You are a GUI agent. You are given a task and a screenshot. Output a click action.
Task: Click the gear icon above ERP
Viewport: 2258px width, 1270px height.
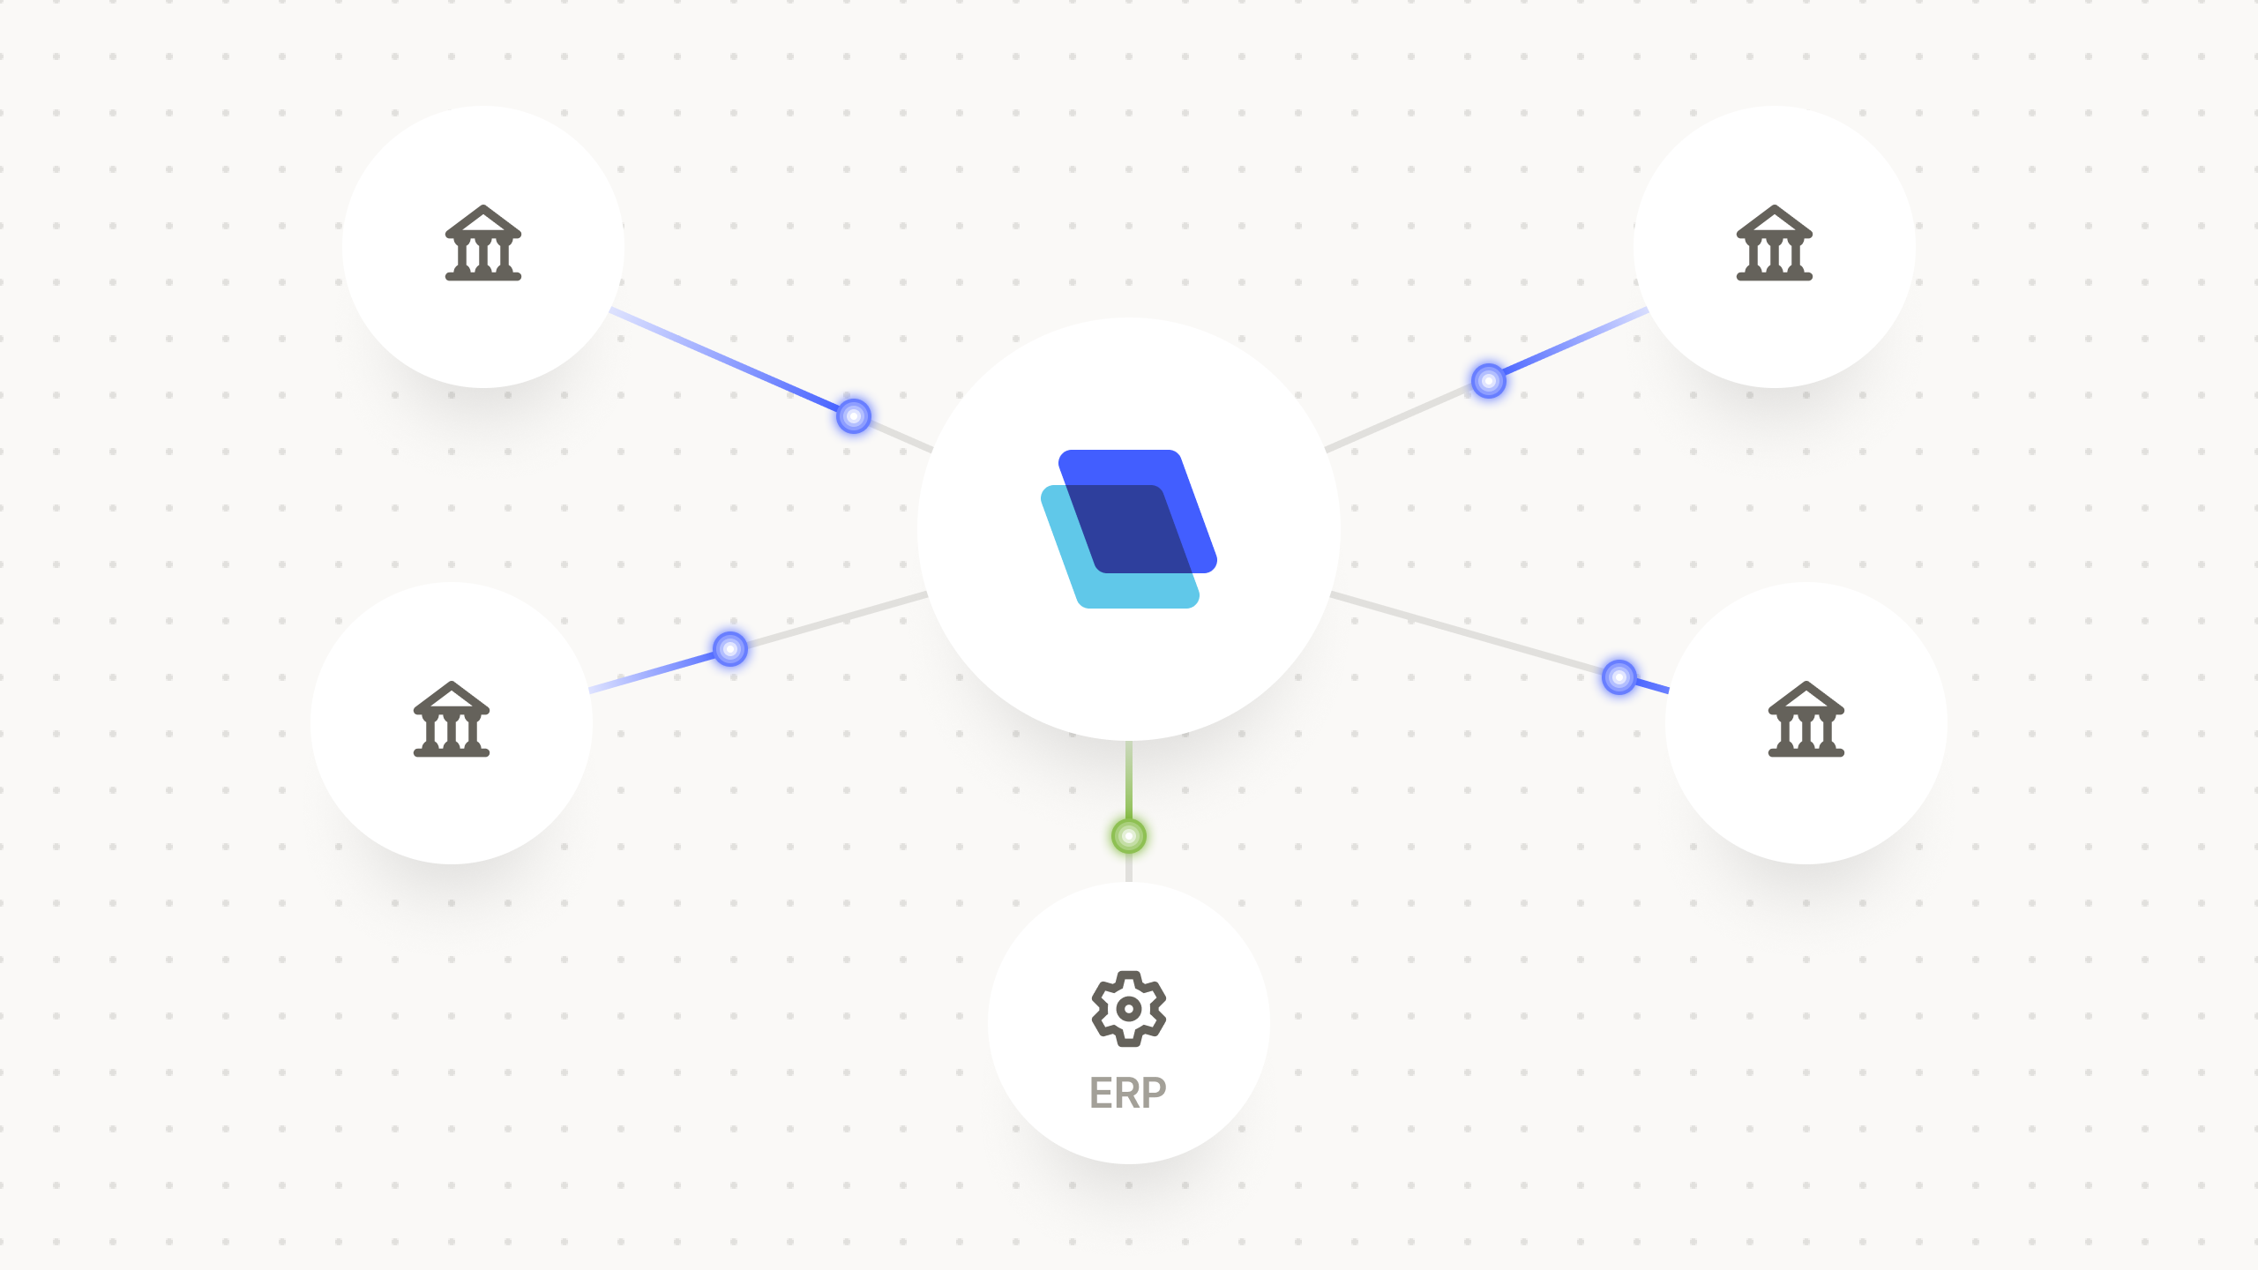point(1129,1008)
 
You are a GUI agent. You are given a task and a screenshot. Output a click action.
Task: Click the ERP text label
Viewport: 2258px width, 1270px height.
point(1128,1094)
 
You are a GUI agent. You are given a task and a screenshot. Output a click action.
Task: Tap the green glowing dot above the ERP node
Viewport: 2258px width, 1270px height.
point(1129,836)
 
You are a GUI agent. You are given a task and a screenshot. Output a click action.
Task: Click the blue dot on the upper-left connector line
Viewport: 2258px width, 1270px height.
point(854,415)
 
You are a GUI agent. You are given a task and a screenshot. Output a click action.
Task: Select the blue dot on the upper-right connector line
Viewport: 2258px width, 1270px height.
point(1489,381)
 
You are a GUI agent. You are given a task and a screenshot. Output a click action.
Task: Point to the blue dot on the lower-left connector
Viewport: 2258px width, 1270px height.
point(730,649)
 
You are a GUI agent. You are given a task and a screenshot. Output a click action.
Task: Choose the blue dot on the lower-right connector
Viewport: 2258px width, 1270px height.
point(1619,677)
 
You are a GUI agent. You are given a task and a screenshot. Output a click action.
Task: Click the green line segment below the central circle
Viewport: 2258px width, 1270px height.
point(1129,781)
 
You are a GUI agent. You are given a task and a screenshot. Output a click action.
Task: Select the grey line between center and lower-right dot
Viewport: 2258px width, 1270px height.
point(1464,633)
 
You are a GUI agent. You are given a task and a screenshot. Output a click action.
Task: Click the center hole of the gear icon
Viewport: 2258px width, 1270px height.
point(1129,1009)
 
